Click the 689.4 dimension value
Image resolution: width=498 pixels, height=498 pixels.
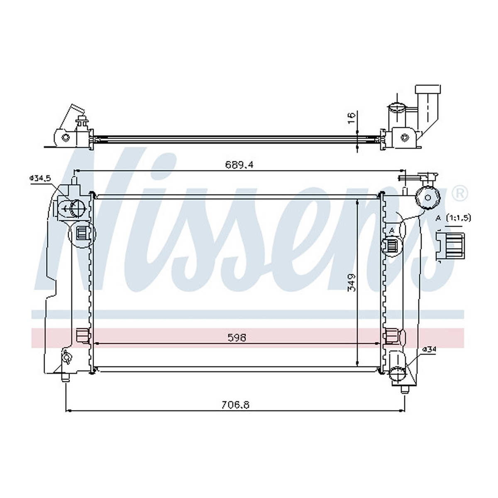[x=239, y=165]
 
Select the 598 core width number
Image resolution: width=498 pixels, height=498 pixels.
[x=237, y=337]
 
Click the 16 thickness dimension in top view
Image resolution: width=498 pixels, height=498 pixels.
[x=352, y=118]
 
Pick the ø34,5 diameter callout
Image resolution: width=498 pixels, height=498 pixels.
[x=40, y=178]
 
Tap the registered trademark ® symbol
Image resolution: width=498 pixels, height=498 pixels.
[x=461, y=193]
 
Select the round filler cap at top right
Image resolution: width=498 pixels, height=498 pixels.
[x=428, y=198]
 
